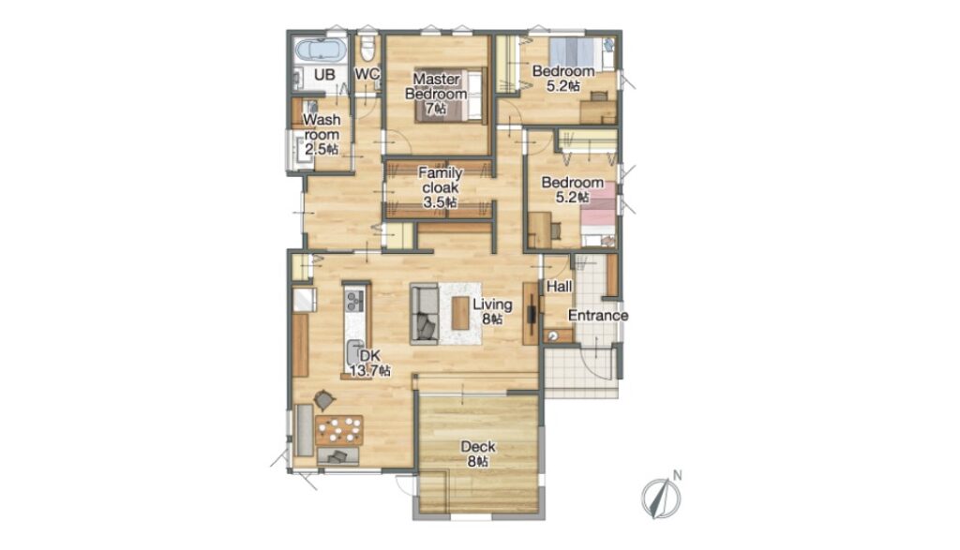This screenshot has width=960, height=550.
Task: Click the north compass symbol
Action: pos(661,498)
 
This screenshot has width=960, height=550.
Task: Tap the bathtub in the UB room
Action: pos(321,50)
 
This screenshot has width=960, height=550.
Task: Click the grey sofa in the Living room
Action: pos(424,313)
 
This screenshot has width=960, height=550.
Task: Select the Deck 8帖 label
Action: pos(478,453)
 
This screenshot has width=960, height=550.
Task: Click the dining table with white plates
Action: pos(339,429)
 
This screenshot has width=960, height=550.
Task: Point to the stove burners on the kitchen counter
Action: pos(355,300)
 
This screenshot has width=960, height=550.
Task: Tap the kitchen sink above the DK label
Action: pos(355,350)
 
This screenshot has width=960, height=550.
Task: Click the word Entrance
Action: pos(598,316)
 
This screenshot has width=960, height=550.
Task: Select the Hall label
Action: pos(559,287)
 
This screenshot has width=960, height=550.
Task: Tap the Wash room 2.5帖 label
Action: pos(322,134)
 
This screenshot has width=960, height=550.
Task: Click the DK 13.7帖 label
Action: pos(369,363)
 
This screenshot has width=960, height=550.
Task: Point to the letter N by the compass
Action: pos(677,475)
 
